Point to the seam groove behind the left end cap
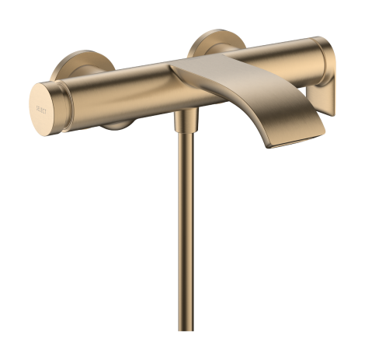point(63,100)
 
